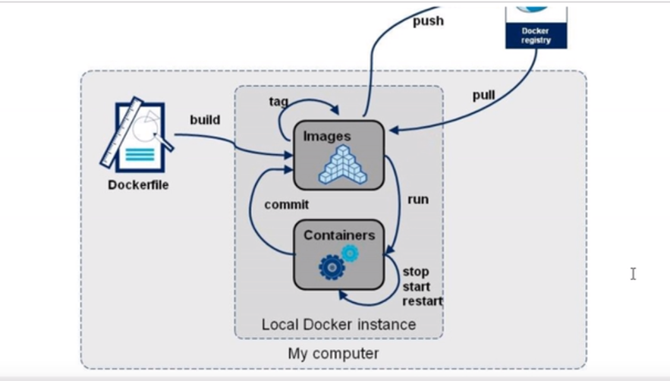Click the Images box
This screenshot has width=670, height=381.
[338, 154]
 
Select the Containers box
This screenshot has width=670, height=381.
[338, 253]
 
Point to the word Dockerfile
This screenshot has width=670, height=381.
[138, 184]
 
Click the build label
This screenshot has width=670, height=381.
[205, 120]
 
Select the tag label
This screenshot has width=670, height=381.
[278, 102]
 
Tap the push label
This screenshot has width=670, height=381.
[428, 21]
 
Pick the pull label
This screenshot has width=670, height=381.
[483, 96]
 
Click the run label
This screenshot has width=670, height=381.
[417, 200]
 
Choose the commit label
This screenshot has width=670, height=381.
[286, 204]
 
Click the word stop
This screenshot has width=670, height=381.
[415, 272]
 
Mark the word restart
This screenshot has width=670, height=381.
[422, 301]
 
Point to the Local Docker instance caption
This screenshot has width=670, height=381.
[338, 324]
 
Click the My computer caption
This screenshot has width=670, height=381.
[333, 354]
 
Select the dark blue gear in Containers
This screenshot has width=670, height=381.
[332, 267]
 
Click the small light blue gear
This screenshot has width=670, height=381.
[350, 253]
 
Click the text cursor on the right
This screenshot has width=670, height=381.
[633, 273]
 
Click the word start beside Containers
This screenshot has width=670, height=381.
[416, 286]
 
